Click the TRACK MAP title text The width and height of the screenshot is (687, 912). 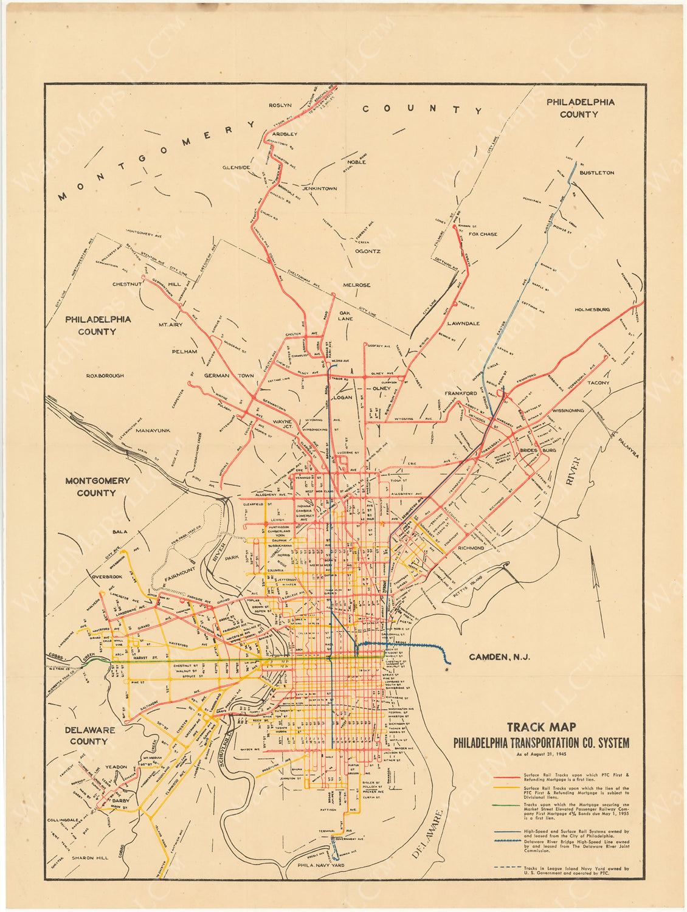[x=541, y=727]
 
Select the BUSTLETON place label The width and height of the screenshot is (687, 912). [x=596, y=173]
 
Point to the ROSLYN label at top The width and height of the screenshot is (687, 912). [x=281, y=105]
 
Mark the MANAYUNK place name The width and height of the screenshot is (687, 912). [x=153, y=430]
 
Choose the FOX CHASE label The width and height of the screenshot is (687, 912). [x=483, y=234]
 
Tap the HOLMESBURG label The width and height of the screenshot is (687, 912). [x=592, y=309]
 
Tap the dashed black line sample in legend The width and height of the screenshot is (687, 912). [x=507, y=867]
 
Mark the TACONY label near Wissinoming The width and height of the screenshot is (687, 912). [x=598, y=383]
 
